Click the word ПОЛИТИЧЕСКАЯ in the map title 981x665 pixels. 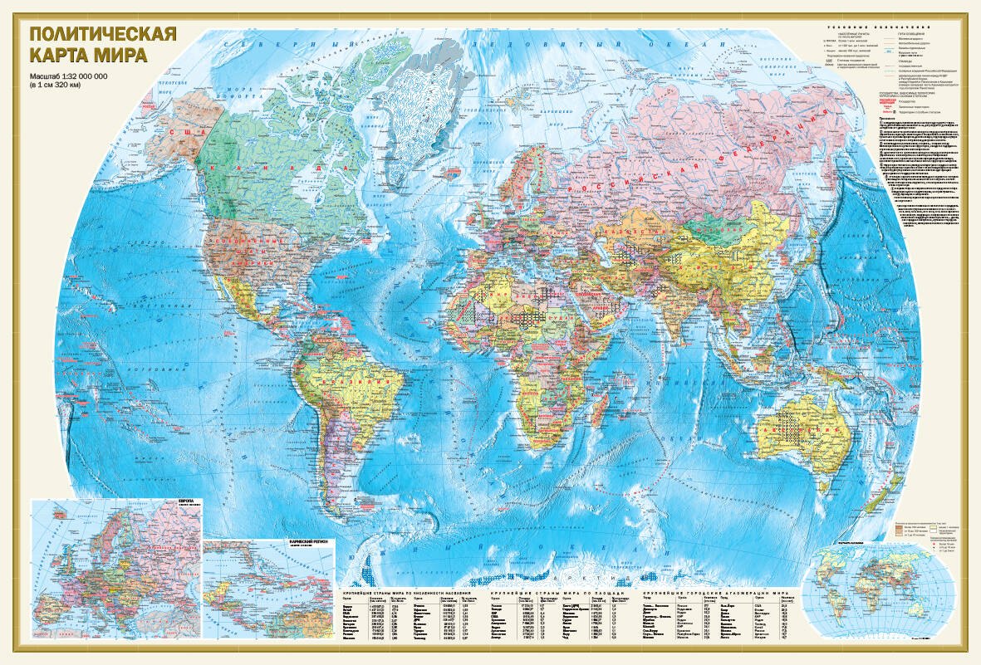coord(102,36)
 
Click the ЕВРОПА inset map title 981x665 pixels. coord(189,503)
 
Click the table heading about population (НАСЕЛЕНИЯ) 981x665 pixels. coord(412,593)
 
